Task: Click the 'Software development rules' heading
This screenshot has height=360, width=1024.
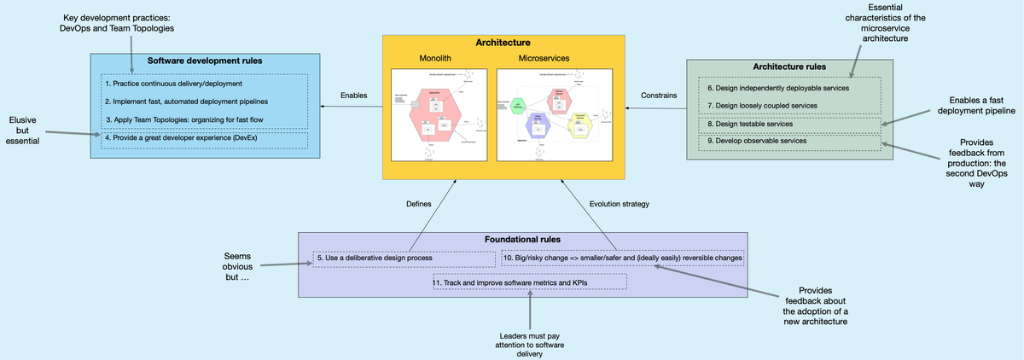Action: tap(204, 61)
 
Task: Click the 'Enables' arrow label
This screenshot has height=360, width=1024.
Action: tap(353, 95)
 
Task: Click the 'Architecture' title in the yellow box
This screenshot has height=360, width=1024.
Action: tap(502, 42)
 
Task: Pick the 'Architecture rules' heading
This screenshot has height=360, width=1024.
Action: tap(789, 67)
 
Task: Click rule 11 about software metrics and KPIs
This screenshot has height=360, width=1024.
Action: tap(530, 282)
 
